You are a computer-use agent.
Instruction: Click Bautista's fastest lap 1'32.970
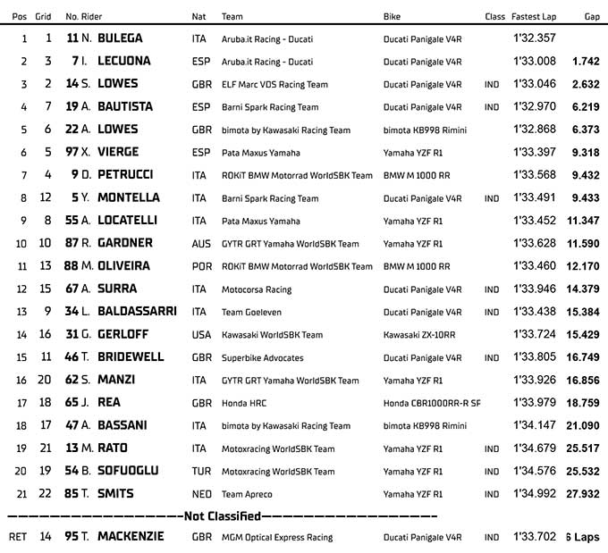pos(535,106)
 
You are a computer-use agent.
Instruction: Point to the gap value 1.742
pos(586,62)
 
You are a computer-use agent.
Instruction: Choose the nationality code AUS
pos(200,243)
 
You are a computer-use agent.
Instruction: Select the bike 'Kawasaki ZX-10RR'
pos(417,335)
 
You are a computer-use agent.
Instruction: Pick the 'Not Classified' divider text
pos(222,516)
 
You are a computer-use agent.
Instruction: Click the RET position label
pos(18,538)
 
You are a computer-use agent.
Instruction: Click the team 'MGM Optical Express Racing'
pos(277,538)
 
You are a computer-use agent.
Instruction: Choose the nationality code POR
pos(201,266)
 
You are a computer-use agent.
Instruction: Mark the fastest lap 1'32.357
pos(535,38)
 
